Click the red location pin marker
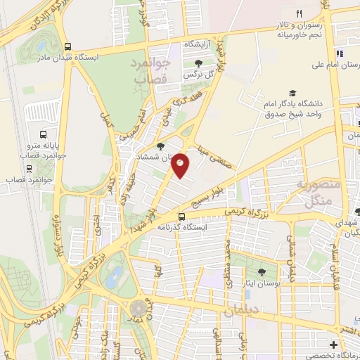[x=181, y=165]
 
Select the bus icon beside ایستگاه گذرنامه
[x=182, y=217]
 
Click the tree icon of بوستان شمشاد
[x=161, y=147]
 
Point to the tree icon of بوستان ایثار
[x=262, y=272]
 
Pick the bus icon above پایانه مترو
[x=44, y=134]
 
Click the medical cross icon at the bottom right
[x=333, y=345]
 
